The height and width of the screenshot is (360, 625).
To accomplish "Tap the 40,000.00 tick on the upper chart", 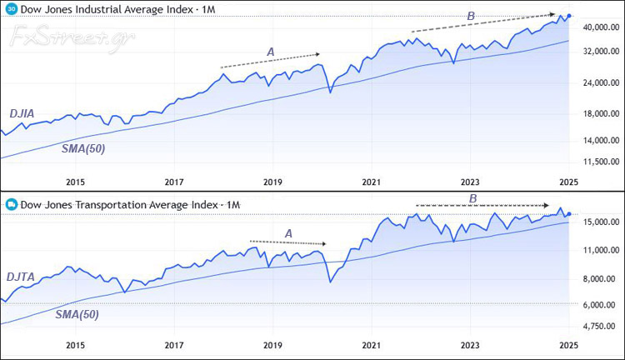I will pos(600,27).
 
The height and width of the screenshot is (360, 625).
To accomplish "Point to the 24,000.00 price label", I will pos(600,83).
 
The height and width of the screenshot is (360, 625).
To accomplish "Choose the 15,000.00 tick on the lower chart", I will pos(600,222).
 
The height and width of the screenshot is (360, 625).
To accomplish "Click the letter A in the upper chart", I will pos(270,52).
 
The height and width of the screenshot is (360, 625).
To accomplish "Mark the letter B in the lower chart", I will pos(472,198).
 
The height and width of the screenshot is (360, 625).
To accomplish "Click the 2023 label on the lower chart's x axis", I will pos(469,344).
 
